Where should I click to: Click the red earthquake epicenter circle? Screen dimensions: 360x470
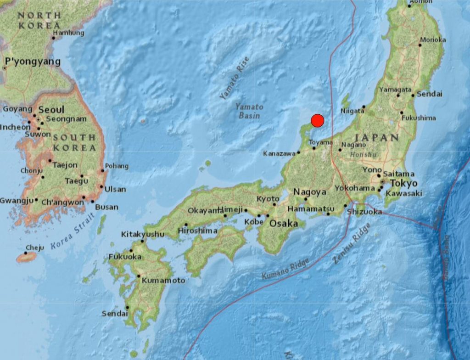[318, 121]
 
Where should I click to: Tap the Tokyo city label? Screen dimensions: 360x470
[404, 183]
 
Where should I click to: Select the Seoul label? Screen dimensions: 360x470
[51, 110]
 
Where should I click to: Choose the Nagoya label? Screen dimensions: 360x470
[310, 192]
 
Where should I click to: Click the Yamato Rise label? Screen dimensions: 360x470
[234, 78]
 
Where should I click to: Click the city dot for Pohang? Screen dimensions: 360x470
[102, 171]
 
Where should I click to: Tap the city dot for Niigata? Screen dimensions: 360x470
[364, 107]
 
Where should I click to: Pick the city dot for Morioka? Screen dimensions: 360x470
[420, 45]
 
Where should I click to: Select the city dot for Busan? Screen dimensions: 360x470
[92, 202]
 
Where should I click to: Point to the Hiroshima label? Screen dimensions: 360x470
[198, 231]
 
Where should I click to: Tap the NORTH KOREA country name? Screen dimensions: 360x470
[39, 21]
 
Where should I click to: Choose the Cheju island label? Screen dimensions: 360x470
[35, 247]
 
